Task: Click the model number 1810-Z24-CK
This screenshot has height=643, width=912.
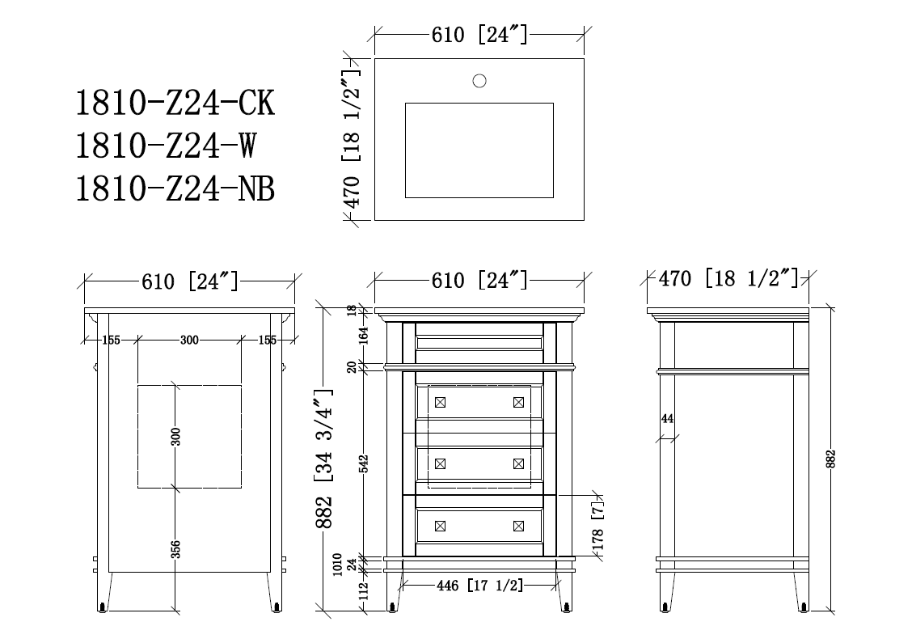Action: point(175,103)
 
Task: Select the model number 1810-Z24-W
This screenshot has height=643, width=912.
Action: point(166,146)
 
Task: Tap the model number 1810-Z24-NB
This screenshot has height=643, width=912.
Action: point(175,189)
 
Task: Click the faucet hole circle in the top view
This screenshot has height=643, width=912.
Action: point(479,81)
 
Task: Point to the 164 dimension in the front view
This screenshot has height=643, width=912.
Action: point(364,336)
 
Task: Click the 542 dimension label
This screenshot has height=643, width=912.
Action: point(364,463)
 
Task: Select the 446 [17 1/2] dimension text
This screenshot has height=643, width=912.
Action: point(479,586)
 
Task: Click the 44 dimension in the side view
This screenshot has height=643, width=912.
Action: point(667,418)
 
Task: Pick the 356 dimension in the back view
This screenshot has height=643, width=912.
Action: point(175,549)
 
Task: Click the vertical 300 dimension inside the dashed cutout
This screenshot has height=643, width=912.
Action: point(175,437)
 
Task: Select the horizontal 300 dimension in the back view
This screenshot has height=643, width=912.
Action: point(190,340)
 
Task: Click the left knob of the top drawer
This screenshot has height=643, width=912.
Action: point(441,402)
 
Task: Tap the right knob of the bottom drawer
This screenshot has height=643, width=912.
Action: point(519,526)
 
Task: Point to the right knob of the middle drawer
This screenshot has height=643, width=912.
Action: point(519,463)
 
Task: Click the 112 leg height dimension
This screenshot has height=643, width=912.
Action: point(364,591)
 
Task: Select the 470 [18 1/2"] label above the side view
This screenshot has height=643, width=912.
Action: point(728,279)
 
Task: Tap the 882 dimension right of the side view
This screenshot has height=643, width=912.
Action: point(830,459)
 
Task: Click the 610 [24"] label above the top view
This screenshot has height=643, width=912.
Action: point(479,35)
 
